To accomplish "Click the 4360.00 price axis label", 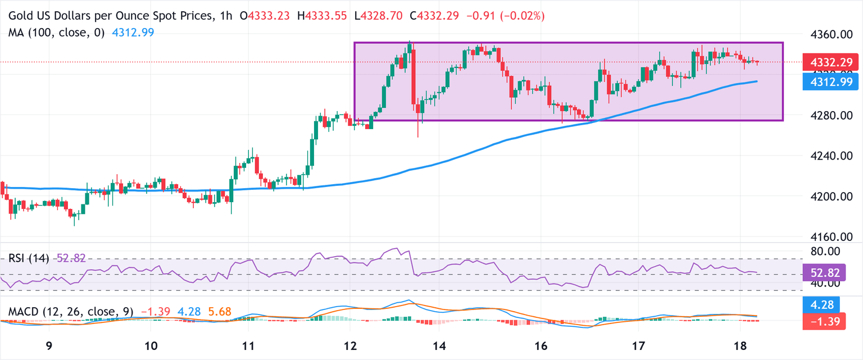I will [x=829, y=34].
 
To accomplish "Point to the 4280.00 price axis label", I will [x=829, y=116].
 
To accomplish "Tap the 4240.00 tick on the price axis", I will [x=829, y=156].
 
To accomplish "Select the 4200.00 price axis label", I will [x=829, y=197].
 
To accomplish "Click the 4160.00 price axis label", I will [x=829, y=237].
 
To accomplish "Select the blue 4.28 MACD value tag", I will [x=825, y=305].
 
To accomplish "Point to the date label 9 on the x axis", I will [x=49, y=345].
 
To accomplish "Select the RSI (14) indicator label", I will [x=29, y=258].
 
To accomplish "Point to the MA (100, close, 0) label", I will [x=56, y=33].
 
